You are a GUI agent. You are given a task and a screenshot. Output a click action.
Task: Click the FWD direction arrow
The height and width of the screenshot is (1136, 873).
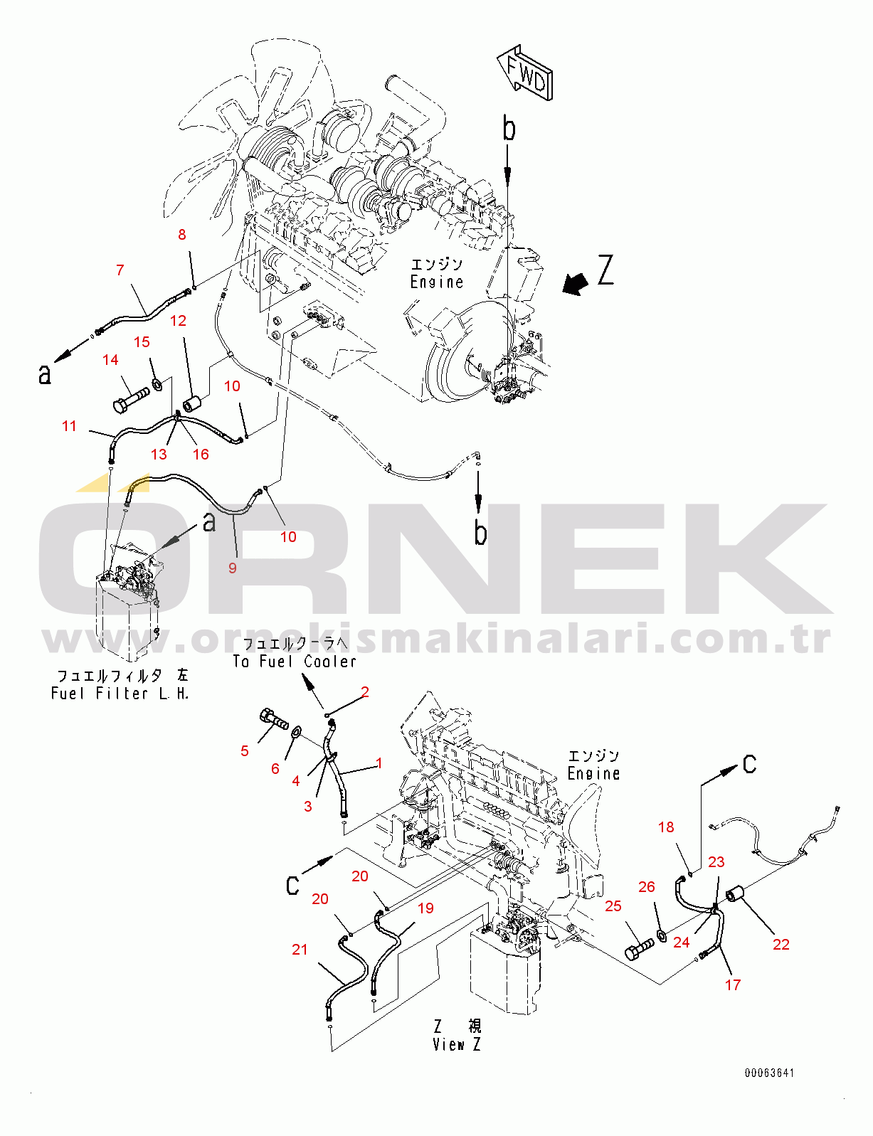click(524, 72)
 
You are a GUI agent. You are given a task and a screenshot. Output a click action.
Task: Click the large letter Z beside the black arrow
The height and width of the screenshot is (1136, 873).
click(605, 270)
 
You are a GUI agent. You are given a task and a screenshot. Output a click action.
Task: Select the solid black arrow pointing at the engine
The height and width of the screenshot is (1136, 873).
click(575, 283)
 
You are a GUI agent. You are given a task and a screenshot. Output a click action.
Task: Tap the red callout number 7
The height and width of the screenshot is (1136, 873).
click(120, 270)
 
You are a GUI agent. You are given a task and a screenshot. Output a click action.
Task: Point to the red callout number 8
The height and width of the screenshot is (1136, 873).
click(182, 235)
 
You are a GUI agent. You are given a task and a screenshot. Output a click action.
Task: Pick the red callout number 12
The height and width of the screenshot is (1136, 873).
click(179, 321)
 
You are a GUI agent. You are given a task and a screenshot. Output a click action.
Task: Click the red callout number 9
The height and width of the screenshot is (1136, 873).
click(233, 568)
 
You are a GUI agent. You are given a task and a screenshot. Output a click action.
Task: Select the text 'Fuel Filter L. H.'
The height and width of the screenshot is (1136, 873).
click(120, 694)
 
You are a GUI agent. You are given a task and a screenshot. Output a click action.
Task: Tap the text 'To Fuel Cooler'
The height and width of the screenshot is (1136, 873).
click(295, 662)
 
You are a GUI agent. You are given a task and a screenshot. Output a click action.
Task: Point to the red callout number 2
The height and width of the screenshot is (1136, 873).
click(365, 691)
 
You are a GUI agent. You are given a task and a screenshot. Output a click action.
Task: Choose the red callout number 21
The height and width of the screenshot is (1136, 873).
click(300, 950)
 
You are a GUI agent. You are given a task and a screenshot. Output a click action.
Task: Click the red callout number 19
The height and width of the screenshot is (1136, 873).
click(425, 908)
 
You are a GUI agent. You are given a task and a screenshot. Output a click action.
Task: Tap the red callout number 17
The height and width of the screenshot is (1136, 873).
click(733, 985)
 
